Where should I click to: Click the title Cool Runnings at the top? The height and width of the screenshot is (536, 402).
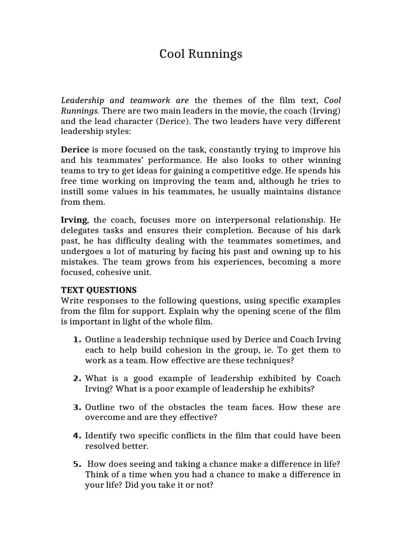[201, 54]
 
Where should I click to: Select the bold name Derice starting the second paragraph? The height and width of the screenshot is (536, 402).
[75, 149]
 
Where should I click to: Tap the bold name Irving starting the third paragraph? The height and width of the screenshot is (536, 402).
[74, 220]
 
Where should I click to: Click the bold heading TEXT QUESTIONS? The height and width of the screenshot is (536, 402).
[99, 290]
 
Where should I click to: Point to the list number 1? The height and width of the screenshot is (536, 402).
[76, 339]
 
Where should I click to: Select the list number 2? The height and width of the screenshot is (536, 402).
[76, 378]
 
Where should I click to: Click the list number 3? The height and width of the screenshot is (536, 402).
[76, 407]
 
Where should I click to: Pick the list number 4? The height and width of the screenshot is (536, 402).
[76, 435]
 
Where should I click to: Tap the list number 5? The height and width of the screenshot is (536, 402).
[76, 464]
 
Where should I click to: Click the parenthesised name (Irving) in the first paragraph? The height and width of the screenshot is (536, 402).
[324, 110]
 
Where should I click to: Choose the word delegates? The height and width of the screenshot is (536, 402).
[81, 230]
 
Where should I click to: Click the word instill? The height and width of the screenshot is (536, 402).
[73, 191]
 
